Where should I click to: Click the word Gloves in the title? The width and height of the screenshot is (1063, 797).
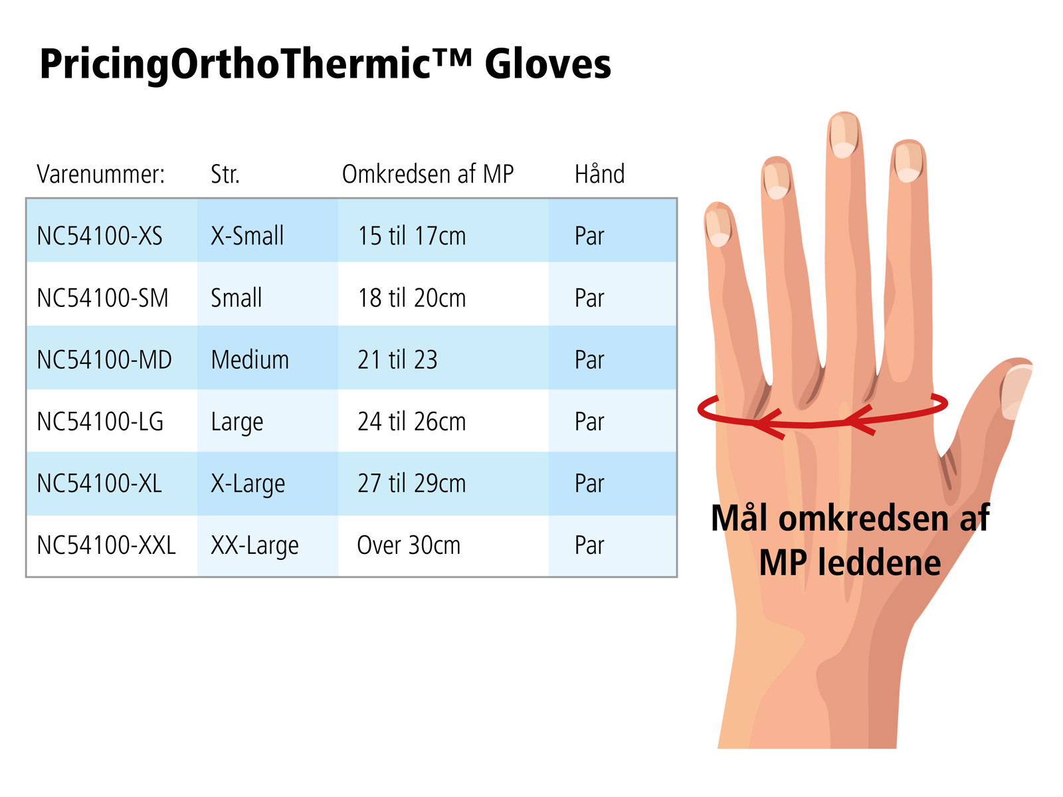[547, 65]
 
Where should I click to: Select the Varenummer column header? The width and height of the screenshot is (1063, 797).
[101, 174]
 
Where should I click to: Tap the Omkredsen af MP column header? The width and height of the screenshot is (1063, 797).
[428, 174]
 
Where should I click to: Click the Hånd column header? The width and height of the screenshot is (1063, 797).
[599, 173]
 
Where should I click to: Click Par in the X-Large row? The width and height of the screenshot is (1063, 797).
[589, 484]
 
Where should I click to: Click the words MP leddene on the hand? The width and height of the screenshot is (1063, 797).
[850, 563]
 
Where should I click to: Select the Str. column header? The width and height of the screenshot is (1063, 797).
[225, 174]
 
